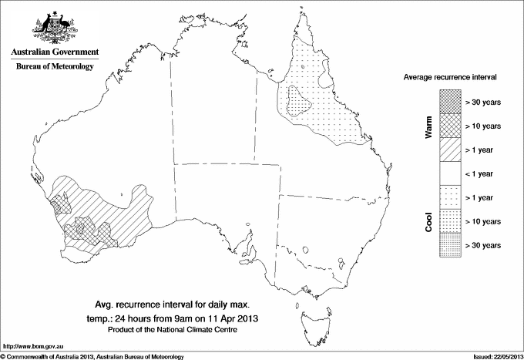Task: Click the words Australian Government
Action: point(55,52)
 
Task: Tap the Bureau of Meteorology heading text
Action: point(55,67)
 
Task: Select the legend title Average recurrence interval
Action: point(449,78)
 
